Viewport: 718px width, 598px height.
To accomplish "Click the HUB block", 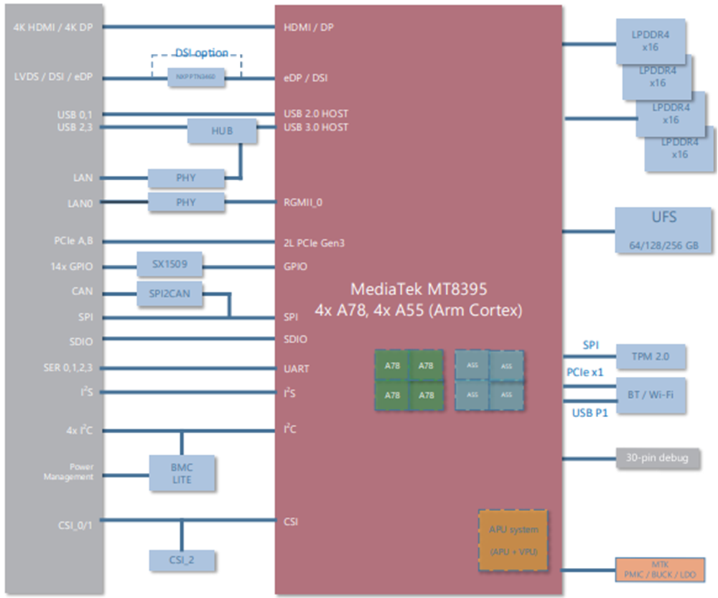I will [222, 131].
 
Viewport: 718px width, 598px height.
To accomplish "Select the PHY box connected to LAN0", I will [186, 202].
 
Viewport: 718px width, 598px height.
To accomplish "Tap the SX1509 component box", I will [169, 263].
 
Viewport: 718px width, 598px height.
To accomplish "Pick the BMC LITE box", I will [182, 473].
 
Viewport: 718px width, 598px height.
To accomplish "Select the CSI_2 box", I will [182, 560].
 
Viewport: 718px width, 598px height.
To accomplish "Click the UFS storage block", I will [664, 230].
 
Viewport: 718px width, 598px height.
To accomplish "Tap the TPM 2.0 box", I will [650, 357].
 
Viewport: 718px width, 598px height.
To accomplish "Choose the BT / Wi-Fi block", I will [650, 395].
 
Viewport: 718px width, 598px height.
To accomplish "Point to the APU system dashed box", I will [513, 541].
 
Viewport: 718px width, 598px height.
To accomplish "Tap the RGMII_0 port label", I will [303, 202].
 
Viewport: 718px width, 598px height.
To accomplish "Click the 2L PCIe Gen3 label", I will [314, 243].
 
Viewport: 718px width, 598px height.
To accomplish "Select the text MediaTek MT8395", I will [419, 289].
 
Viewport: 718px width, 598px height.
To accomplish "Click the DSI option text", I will [202, 53].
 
